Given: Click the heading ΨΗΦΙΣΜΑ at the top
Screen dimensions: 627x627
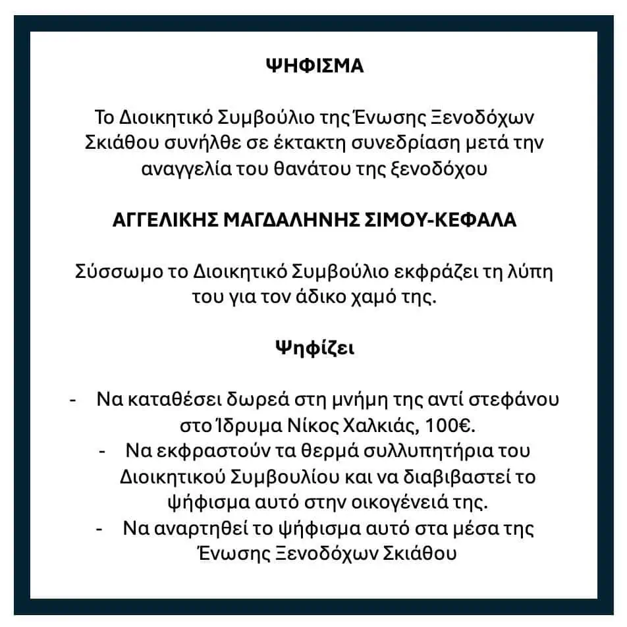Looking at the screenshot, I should click(x=314, y=67).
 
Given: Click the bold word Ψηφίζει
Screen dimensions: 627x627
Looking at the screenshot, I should click(x=314, y=348).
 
